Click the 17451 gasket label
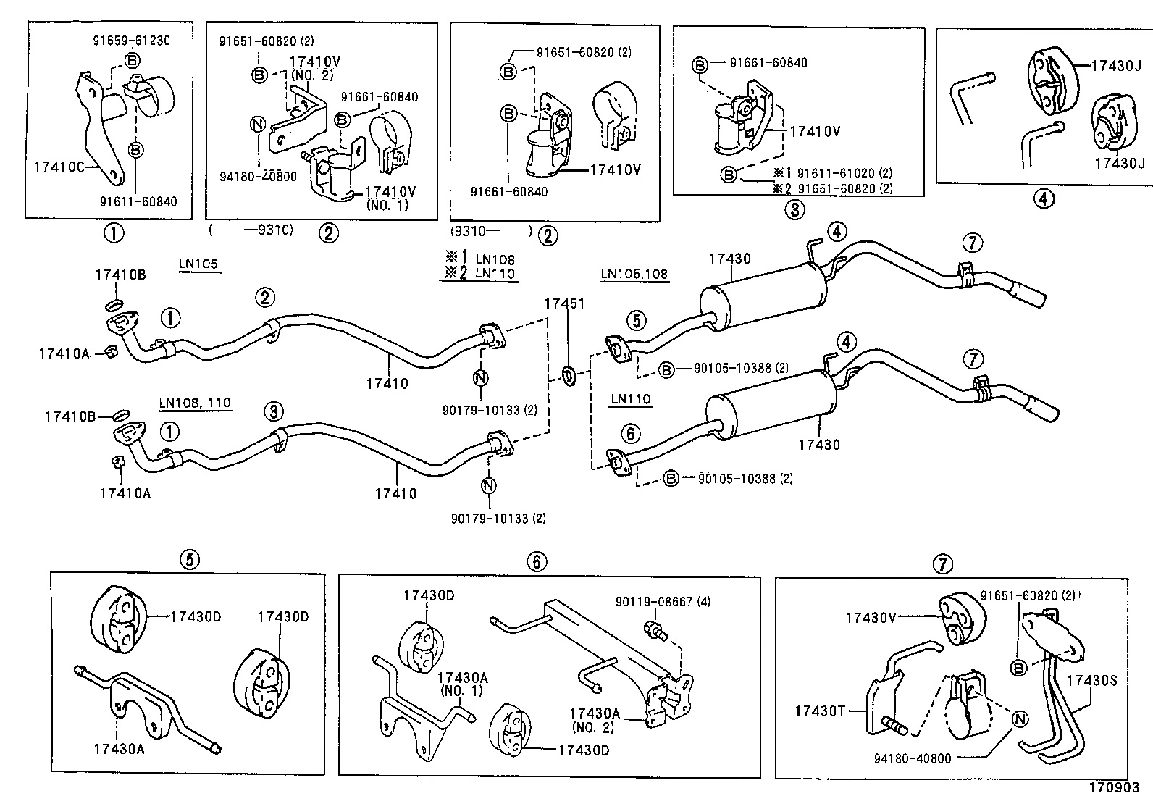(564, 304)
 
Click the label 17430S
(1092, 680)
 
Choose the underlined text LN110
(631, 398)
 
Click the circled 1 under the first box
(114, 233)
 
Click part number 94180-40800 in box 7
(913, 758)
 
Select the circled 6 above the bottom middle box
(537, 561)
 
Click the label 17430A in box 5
(119, 749)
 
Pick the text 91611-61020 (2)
(844, 174)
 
